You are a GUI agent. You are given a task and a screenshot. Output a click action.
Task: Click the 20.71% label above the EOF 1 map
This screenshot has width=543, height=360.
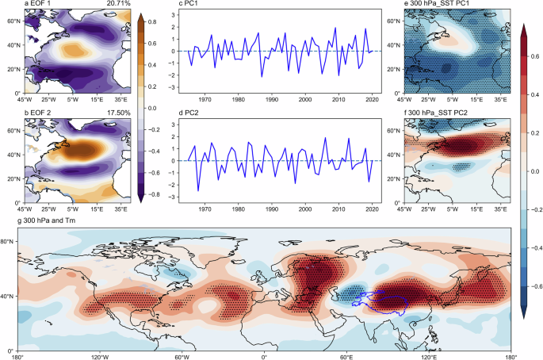(117, 5)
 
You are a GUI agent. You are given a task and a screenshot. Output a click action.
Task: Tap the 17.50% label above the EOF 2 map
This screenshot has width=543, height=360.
(117, 114)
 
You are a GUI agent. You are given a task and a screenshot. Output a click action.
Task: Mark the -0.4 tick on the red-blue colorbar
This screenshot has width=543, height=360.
(535, 247)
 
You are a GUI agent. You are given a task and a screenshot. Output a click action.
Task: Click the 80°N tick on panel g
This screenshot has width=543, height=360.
(10, 241)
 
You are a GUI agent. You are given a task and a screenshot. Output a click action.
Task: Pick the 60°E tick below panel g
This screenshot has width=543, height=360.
(346, 357)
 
